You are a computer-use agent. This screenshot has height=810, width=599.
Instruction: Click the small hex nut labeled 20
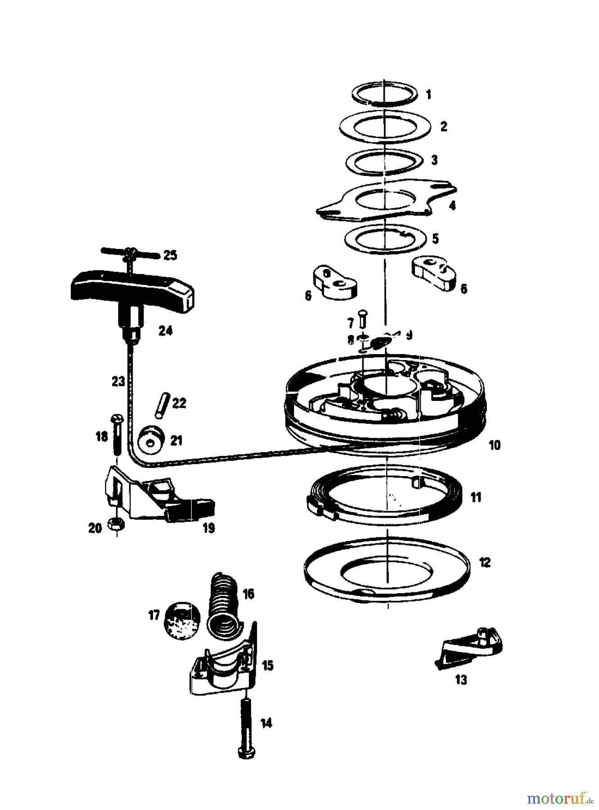coord(116,523)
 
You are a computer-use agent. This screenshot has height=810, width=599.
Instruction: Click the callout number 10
coord(494,445)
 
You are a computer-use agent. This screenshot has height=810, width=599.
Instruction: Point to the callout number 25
coord(170,256)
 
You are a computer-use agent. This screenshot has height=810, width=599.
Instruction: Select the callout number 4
coord(452,206)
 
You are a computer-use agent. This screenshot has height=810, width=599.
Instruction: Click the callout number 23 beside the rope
coord(118,382)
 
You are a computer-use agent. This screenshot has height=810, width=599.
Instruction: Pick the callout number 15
coord(267,665)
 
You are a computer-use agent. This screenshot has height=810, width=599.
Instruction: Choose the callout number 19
coord(208,528)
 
